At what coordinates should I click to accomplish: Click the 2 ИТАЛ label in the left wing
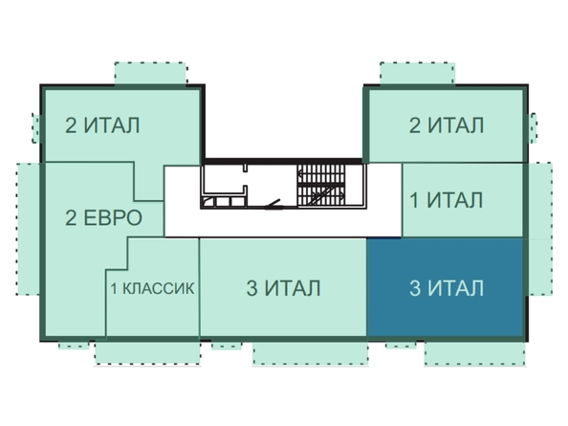pyautogui.click(x=102, y=125)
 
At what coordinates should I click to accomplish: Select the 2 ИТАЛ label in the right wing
pyautogui.click(x=447, y=125)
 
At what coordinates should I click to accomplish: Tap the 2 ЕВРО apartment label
pyautogui.click(x=103, y=218)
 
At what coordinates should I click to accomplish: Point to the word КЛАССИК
pyautogui.click(x=158, y=288)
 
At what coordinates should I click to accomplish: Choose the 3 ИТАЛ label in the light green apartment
pyautogui.click(x=284, y=288)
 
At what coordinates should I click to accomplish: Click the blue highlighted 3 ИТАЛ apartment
pyautogui.click(x=446, y=287)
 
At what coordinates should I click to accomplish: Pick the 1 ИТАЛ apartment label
pyautogui.click(x=447, y=200)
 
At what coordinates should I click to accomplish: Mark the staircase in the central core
pyautogui.click(x=321, y=186)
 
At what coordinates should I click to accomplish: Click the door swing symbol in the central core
pyautogui.click(x=273, y=205)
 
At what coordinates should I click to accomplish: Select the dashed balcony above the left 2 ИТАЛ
pyautogui.click(x=150, y=74)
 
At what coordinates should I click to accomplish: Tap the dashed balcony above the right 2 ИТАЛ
pyautogui.click(x=417, y=74)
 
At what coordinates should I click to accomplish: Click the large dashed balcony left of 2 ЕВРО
pyautogui.click(x=29, y=229)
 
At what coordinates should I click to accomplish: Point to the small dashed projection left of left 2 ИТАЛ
pyautogui.click(x=36, y=128)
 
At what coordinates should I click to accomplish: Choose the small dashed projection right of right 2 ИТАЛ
pyautogui.click(x=533, y=127)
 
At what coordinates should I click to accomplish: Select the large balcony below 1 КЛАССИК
pyautogui.click(x=148, y=352)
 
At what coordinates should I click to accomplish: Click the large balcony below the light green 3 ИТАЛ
pyautogui.click(x=311, y=353)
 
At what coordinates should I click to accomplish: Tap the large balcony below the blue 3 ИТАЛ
pyautogui.click(x=474, y=353)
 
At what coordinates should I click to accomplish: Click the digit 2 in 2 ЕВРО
pyautogui.click(x=71, y=218)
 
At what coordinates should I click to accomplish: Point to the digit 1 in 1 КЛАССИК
pyautogui.click(x=114, y=289)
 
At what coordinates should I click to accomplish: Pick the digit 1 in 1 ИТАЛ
pyautogui.click(x=414, y=200)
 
